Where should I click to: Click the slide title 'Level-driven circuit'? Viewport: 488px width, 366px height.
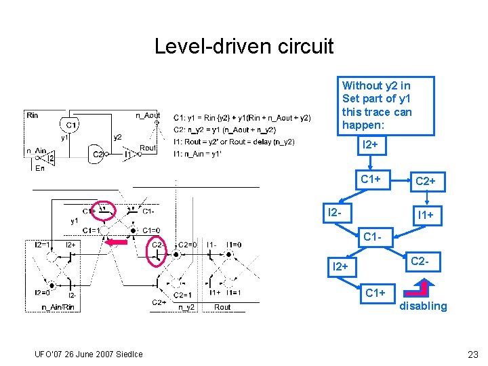244,46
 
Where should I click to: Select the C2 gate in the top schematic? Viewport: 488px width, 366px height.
99,154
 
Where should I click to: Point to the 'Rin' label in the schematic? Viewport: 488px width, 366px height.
33,115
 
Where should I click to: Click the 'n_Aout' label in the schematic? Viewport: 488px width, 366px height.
148,115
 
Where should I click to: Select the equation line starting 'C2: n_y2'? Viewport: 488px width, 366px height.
224,129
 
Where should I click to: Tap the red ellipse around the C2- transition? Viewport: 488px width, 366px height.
157,252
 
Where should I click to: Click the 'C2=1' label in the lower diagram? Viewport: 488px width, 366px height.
184,295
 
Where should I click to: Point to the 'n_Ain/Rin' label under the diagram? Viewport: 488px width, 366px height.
59,307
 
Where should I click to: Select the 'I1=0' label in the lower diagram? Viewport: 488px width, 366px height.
235,245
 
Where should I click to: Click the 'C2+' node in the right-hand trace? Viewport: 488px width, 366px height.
425,182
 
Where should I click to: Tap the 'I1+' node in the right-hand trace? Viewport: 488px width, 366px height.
426,215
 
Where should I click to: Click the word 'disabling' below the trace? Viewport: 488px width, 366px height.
423,306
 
